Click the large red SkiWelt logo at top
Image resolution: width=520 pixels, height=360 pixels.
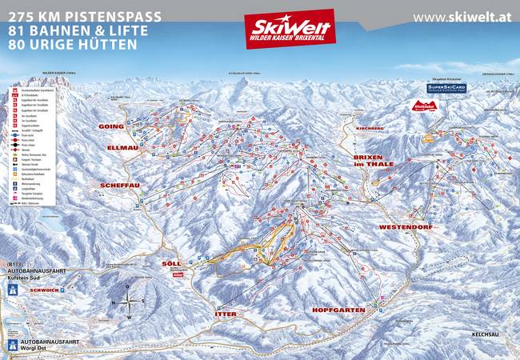[289, 29]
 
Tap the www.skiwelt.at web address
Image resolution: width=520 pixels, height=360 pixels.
[462, 17]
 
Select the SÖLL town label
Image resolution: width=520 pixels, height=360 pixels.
[172, 263]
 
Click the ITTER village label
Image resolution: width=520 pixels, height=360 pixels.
[227, 313]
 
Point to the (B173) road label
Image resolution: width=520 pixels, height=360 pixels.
[18, 263]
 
